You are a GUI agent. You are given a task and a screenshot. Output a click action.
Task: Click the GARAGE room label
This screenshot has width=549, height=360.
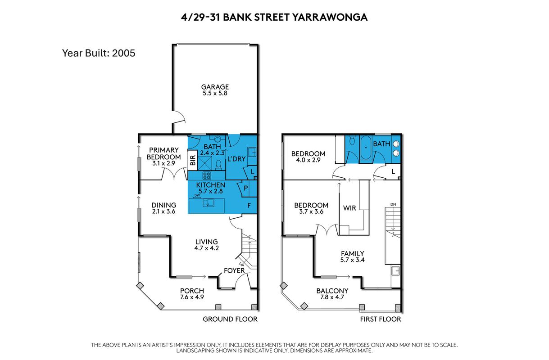pos(215,87)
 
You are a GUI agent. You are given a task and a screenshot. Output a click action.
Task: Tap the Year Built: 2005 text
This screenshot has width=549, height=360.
pos(99,53)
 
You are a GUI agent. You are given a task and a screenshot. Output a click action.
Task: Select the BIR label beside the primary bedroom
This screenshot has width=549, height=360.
pos(193,160)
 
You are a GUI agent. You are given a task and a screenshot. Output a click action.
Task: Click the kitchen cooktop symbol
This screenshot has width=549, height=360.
pos(207,175)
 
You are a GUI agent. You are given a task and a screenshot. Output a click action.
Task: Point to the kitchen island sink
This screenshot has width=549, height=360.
pos(209,203)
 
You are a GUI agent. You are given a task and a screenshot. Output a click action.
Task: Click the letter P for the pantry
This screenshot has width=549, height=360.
pos(246,188)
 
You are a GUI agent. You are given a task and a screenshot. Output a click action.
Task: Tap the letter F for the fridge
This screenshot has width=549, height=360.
pos(249,206)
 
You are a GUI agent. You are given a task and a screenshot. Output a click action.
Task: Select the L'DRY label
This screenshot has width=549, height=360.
pos(236,159)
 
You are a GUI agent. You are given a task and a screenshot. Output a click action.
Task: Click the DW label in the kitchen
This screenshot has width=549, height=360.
pos(197,195)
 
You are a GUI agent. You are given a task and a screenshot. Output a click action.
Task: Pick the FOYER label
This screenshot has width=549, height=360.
pos(234,270)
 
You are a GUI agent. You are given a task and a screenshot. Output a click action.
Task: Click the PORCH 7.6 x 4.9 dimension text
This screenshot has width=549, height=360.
pos(192,297)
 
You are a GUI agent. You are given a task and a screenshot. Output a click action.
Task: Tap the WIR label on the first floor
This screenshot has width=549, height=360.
pos(349,208)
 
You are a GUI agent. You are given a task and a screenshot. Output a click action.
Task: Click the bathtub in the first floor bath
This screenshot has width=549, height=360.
pos(366,148)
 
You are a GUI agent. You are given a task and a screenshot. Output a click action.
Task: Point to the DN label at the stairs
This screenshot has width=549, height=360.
pos(393,204)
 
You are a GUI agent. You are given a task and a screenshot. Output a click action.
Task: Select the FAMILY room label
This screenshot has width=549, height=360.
pos(353,253)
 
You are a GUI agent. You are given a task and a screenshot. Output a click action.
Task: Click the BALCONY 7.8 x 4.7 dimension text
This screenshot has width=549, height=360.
pos(332,297)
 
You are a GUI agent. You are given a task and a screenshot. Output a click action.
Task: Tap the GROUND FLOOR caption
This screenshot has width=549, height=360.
pos(230,319)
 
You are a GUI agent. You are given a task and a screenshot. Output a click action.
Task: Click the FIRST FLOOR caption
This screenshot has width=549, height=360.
pos(381,319)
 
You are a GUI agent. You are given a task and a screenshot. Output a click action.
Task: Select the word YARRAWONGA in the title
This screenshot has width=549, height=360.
pos(330,17)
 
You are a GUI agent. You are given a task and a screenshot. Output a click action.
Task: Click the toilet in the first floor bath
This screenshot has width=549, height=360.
pos(352,140)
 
